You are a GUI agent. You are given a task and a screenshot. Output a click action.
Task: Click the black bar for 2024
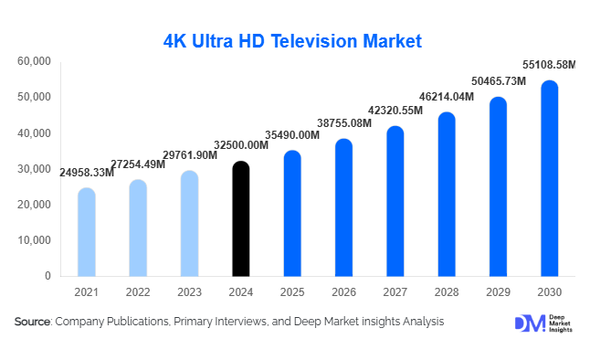tap(240, 219)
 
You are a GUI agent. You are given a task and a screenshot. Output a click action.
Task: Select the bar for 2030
tap(549, 178)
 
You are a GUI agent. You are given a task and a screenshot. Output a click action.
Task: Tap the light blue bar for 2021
tap(86, 232)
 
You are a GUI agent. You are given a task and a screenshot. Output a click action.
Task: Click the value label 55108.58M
tap(548, 65)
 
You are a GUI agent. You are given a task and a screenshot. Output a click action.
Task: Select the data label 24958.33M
tap(87, 173)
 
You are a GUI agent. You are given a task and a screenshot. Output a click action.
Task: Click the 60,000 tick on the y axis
tap(34, 61)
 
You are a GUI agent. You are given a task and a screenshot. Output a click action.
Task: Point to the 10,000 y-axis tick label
tap(34, 240)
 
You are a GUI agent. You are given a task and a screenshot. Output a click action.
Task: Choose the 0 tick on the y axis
tap(47, 276)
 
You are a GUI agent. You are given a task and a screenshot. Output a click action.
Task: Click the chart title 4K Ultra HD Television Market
tap(292, 41)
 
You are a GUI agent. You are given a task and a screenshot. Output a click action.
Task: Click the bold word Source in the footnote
tap(32, 322)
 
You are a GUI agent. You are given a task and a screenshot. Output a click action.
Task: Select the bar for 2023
tap(189, 223)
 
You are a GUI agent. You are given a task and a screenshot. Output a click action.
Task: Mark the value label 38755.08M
tap(343, 122)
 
